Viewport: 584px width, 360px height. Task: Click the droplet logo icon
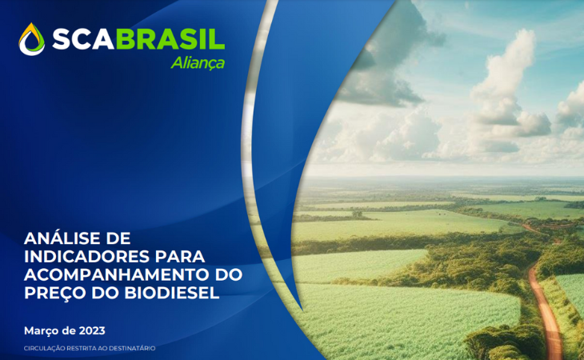tap(32, 39)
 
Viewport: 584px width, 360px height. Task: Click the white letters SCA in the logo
tap(83, 39)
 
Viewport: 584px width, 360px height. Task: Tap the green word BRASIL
tap(170, 39)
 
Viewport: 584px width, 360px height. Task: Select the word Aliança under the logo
tap(198, 63)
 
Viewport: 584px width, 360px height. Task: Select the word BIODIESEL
tap(172, 293)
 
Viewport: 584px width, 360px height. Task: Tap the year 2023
tap(92, 330)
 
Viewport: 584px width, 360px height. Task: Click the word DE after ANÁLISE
tap(118, 238)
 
